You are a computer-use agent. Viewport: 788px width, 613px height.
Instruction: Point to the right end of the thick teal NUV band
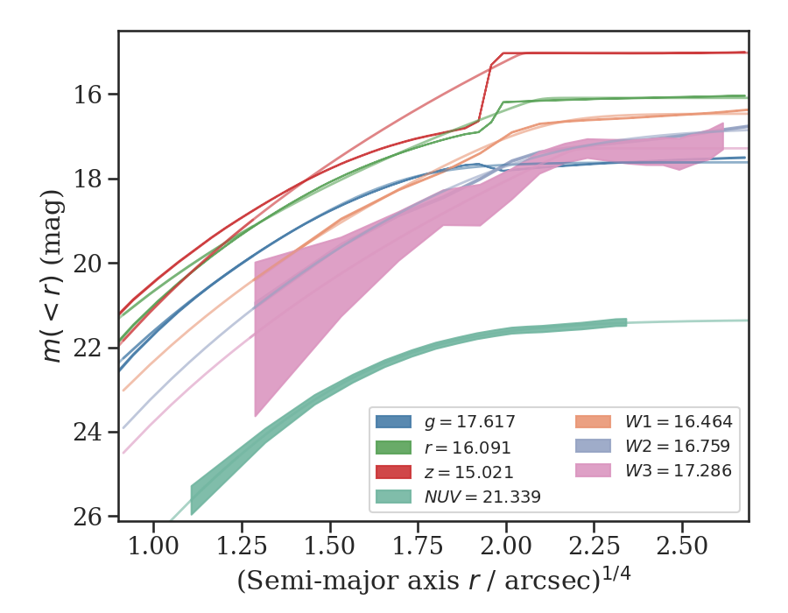[626, 323]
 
